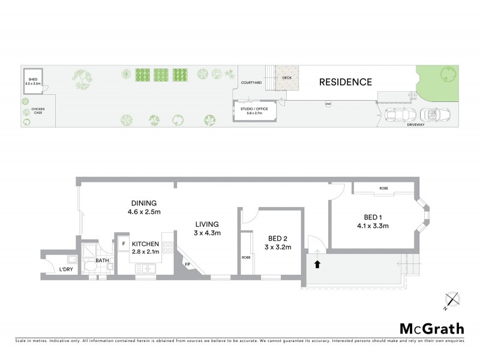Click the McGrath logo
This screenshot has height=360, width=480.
[431, 328]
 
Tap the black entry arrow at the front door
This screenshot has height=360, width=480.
[317, 263]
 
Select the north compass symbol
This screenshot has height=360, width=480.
[451, 301]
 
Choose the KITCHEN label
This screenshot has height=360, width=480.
[146, 244]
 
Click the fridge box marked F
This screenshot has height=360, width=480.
[123, 244]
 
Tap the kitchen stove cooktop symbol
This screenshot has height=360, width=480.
[168, 247]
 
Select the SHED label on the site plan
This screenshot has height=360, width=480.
[32, 80]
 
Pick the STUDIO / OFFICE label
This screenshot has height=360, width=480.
[255, 109]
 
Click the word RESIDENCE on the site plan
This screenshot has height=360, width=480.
[345, 82]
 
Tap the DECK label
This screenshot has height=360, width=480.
[286, 77]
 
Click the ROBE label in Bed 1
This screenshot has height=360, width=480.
[383, 189]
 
